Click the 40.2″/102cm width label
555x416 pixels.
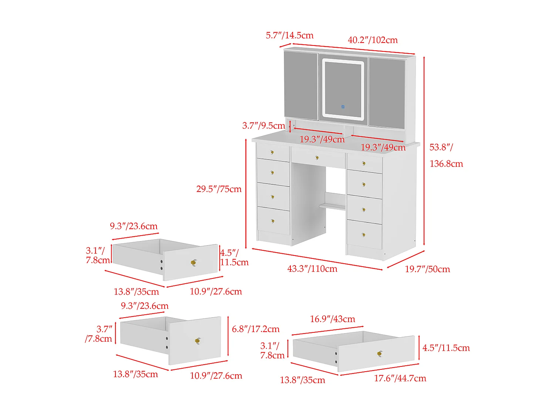click(x=373, y=40)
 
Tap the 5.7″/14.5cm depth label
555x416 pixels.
click(x=289, y=35)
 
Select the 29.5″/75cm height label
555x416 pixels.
click(x=219, y=189)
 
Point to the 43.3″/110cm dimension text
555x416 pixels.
click(x=312, y=269)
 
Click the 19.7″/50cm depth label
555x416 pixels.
click(x=427, y=269)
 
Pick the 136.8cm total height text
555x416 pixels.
click(x=446, y=164)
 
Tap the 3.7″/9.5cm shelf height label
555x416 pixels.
click(x=263, y=126)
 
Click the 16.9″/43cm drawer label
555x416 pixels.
click(x=332, y=319)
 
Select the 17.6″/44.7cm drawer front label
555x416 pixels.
click(x=400, y=378)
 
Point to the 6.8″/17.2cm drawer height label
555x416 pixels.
click(x=256, y=329)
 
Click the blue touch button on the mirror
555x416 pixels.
click(x=343, y=107)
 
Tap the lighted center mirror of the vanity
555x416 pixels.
click(x=343, y=89)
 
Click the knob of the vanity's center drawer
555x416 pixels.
click(x=317, y=158)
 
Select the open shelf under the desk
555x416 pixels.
click(x=333, y=206)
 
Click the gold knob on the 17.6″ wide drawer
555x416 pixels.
click(x=380, y=354)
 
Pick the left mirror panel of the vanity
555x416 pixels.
click(x=301, y=85)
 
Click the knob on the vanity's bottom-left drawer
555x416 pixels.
click(x=273, y=221)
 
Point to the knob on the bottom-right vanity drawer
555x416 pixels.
click(x=364, y=234)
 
